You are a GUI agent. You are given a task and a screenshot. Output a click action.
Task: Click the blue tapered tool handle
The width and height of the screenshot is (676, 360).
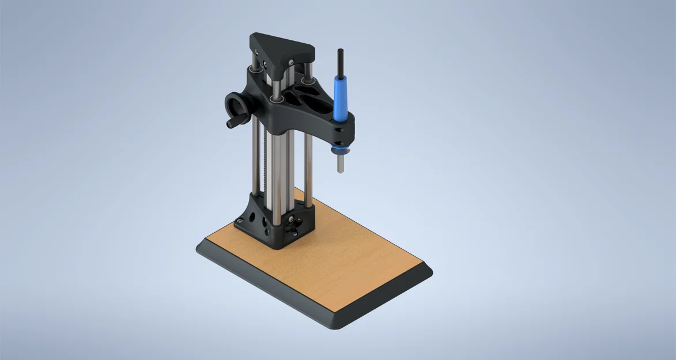point(341,96)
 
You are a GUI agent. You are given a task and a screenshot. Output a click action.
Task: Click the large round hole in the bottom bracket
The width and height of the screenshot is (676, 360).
point(252,217)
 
